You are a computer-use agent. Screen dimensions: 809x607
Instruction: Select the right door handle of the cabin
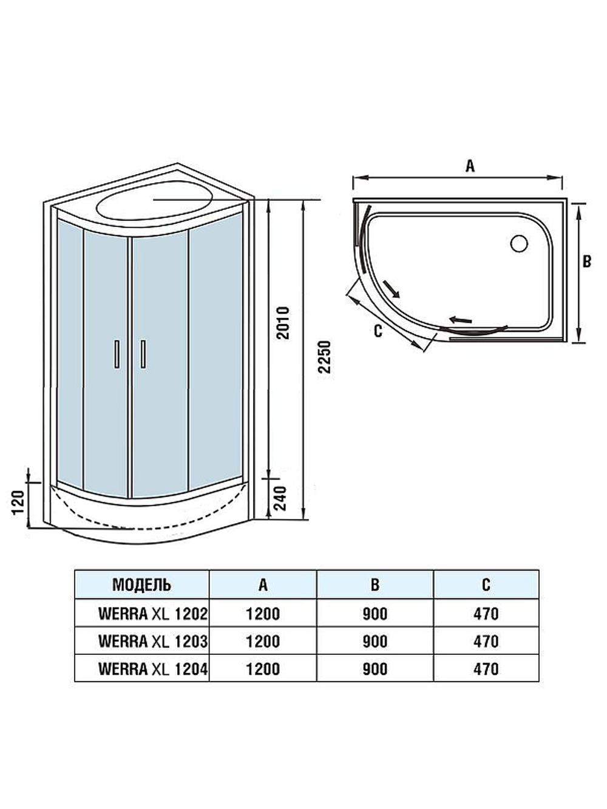(x=143, y=354)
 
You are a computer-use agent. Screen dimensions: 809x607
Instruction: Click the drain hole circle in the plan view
(x=520, y=244)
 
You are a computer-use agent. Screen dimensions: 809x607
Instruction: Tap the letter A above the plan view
(x=469, y=166)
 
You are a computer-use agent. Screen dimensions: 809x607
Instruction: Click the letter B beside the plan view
(x=586, y=262)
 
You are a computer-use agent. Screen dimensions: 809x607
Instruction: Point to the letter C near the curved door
(x=378, y=332)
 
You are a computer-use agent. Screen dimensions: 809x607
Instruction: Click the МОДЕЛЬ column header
(x=141, y=584)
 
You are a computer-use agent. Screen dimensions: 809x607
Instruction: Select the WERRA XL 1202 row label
(x=152, y=614)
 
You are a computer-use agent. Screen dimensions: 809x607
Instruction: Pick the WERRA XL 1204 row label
(x=152, y=669)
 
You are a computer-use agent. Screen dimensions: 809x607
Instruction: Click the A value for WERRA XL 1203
(x=263, y=641)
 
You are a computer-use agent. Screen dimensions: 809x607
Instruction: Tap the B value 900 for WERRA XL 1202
(x=375, y=614)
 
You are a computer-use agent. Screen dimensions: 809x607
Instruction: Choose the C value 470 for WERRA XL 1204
(x=486, y=669)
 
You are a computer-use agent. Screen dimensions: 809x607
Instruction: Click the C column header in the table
(x=486, y=584)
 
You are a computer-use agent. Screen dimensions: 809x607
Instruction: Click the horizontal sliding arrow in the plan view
(x=461, y=319)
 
